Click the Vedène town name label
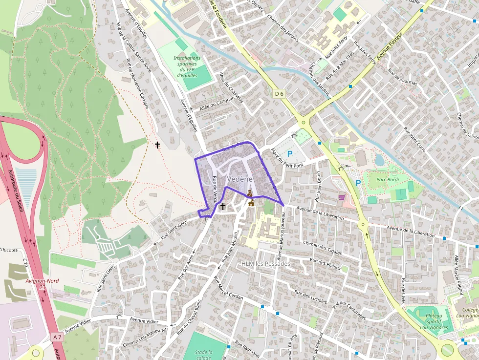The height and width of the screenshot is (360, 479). tap(240, 179)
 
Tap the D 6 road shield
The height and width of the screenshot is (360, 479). tap(279, 93)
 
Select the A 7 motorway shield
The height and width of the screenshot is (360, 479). tap(58, 337)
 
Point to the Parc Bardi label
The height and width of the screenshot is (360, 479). tap(388, 179)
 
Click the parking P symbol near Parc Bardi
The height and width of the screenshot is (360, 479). tap(358, 183)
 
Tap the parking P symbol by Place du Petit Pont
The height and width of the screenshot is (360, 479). tap(290, 154)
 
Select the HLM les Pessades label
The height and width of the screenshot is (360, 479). tap(265, 264)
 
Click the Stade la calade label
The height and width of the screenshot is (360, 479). tap(203, 355)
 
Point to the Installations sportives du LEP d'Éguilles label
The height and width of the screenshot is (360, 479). tap(186, 67)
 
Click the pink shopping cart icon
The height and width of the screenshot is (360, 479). tap(342, 197)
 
